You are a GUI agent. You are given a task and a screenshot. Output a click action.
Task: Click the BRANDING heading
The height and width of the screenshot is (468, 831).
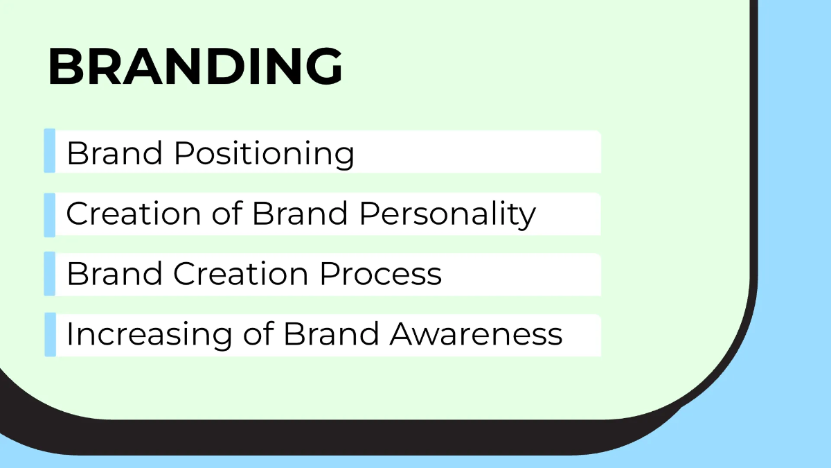click(x=195, y=67)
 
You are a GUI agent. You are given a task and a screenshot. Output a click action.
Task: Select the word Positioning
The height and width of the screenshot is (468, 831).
click(x=264, y=153)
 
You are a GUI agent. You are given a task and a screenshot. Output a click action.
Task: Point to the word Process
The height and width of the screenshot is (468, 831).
click(x=380, y=274)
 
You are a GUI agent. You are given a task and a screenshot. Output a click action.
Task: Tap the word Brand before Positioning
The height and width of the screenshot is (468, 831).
click(x=115, y=153)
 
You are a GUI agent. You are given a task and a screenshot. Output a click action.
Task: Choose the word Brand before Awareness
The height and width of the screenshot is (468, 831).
click(x=331, y=335)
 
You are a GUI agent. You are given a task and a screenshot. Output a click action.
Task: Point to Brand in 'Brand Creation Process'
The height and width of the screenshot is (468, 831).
click(x=115, y=274)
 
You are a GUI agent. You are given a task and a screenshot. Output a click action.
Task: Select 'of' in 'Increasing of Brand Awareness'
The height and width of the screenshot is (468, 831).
click(x=258, y=335)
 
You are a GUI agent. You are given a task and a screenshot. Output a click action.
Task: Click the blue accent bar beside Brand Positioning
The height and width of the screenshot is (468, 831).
click(x=50, y=150)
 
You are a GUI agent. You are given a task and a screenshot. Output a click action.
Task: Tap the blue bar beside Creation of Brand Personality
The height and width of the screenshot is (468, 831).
click(x=50, y=214)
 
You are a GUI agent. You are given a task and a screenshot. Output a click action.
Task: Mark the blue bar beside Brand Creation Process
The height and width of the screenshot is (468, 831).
click(x=50, y=274)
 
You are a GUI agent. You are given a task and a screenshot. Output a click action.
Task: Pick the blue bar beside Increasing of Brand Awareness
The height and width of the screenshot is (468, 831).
click(x=50, y=335)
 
